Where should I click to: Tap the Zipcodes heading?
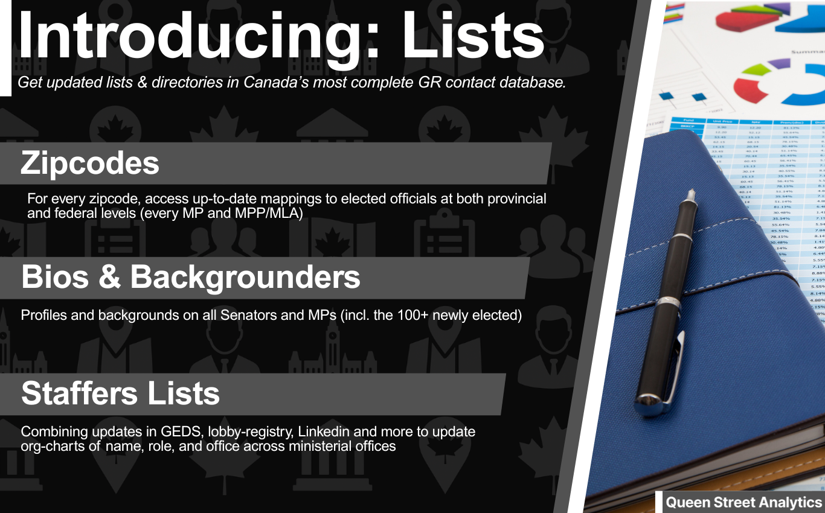(x=90, y=163)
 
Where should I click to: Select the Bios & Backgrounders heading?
(x=191, y=277)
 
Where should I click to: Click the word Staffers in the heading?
(x=78, y=394)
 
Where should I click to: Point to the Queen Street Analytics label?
(x=743, y=502)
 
